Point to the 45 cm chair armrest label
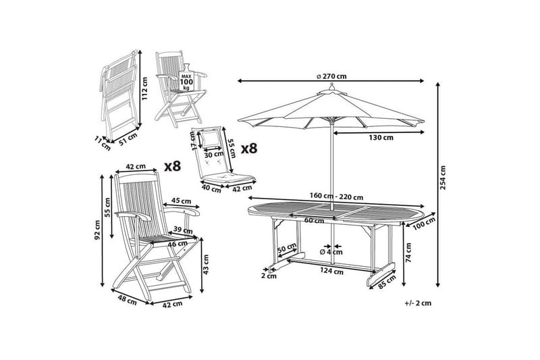point(180,200)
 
